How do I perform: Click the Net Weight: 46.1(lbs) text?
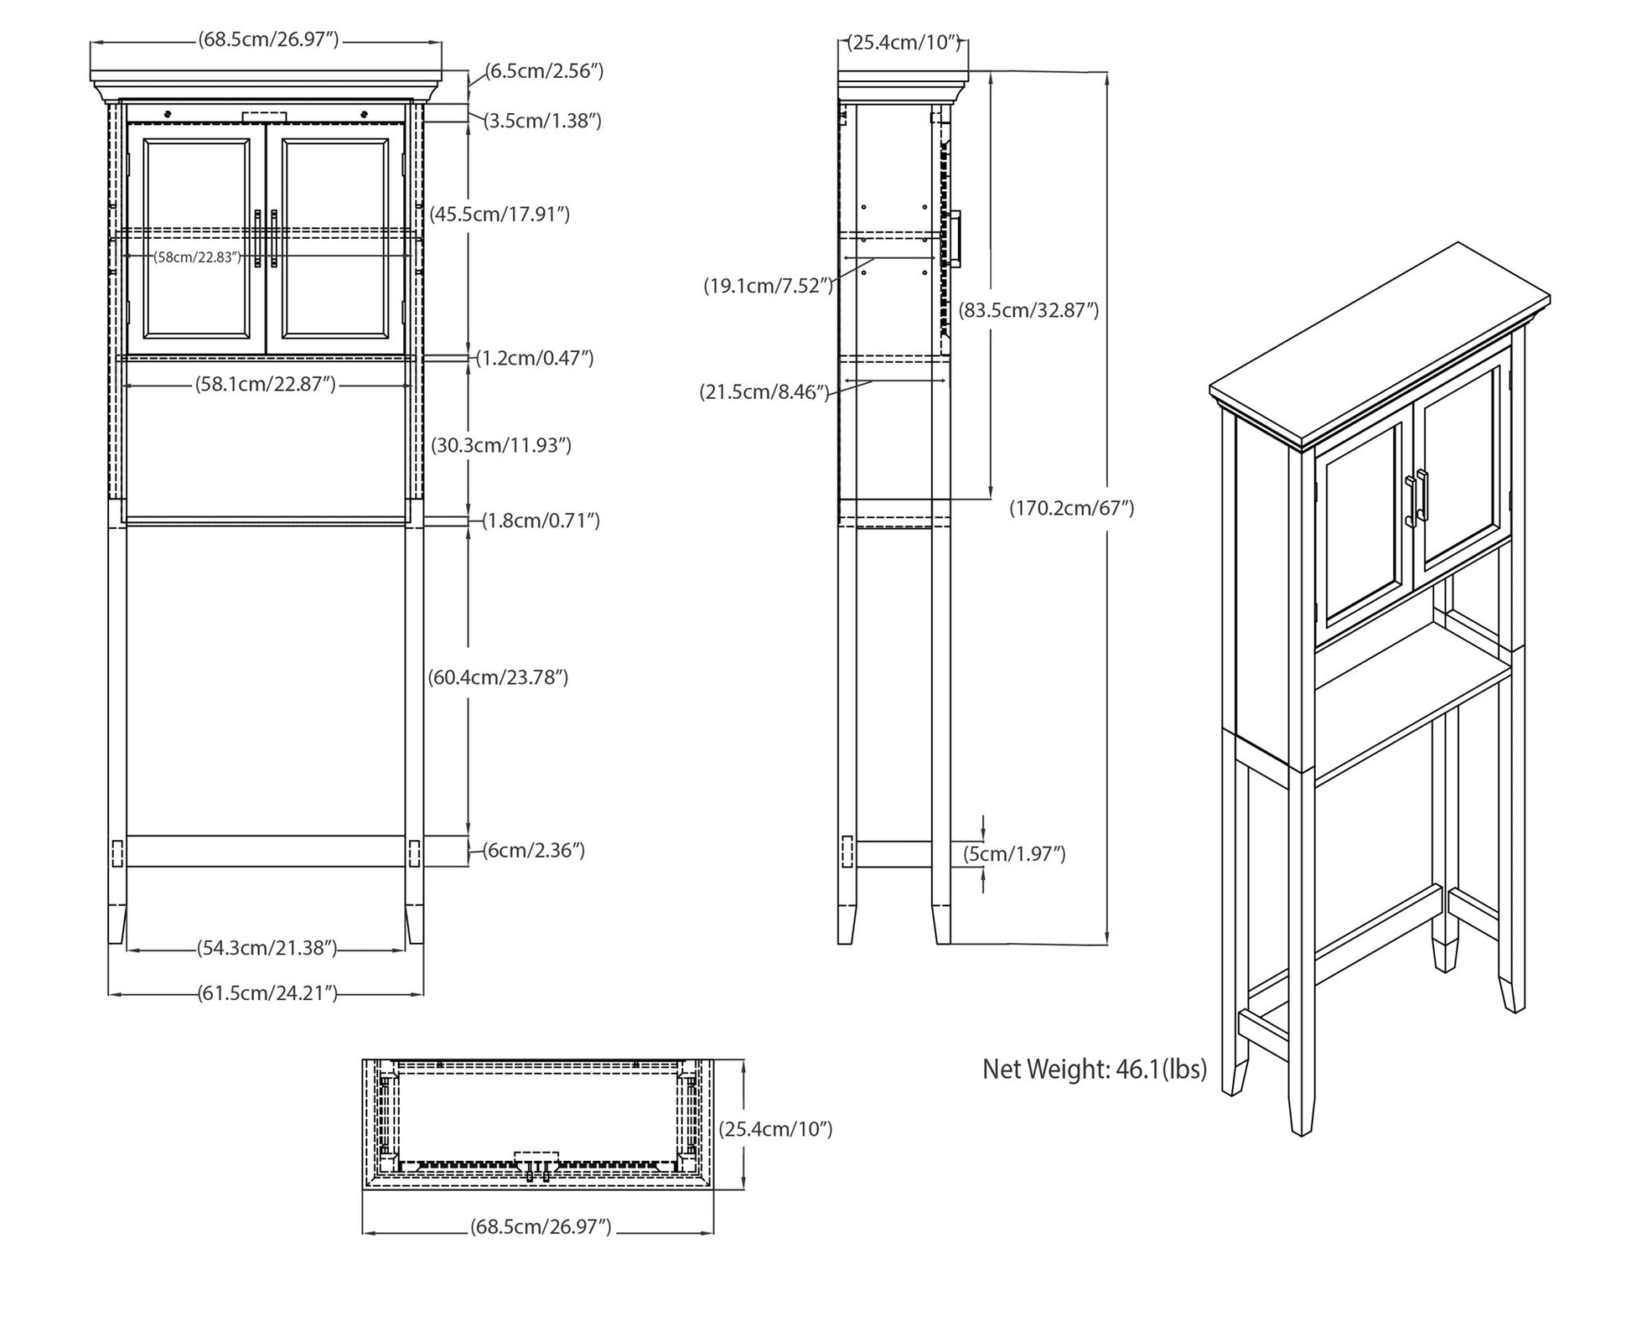(x=1095, y=1070)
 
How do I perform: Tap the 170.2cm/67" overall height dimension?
(x=1072, y=508)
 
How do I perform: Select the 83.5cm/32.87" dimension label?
(x=1028, y=310)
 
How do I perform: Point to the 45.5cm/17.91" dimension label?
(x=500, y=214)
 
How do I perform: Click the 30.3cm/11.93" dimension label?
(x=501, y=445)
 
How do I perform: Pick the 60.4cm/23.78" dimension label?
(x=499, y=676)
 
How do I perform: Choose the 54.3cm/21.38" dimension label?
(x=267, y=948)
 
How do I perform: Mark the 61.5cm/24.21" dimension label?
(x=267, y=993)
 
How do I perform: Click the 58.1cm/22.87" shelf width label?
(x=266, y=384)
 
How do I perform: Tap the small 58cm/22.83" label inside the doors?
(x=198, y=257)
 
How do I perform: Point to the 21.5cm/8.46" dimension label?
(x=764, y=391)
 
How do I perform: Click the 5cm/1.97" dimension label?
(x=1014, y=854)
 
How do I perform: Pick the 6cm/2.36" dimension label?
(x=533, y=850)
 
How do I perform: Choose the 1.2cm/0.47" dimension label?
(x=535, y=358)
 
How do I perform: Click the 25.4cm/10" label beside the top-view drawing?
(x=776, y=1129)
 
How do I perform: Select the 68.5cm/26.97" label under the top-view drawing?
(x=541, y=1227)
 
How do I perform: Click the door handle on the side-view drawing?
(x=955, y=240)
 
